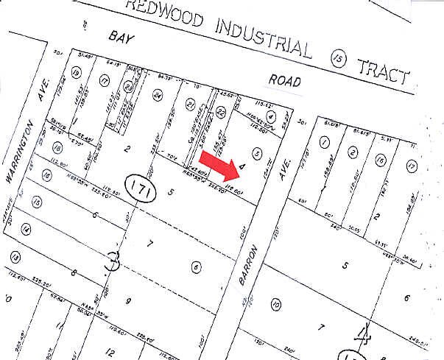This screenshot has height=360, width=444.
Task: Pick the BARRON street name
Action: click(x=250, y=267)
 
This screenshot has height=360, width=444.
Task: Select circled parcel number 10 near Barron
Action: click(x=276, y=304)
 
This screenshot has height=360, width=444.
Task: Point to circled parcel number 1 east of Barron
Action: click(x=322, y=143)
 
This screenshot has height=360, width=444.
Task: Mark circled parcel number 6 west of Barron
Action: click(x=196, y=267)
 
